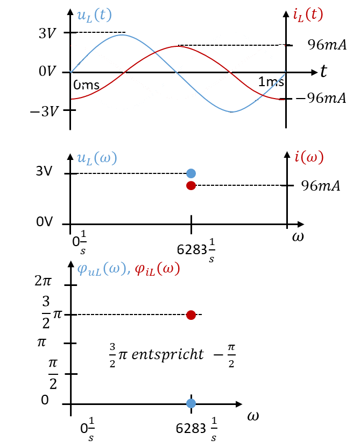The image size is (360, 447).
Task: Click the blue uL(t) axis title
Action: (x=94, y=16)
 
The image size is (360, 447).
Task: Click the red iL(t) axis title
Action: (x=308, y=15)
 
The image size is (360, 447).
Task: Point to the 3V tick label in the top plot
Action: (x=47, y=33)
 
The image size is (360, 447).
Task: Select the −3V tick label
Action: (x=44, y=111)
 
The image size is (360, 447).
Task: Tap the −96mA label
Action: (x=321, y=98)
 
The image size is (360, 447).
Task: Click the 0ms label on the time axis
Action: (x=86, y=85)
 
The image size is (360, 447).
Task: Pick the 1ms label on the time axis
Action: (x=271, y=82)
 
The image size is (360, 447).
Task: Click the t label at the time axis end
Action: (x=323, y=71)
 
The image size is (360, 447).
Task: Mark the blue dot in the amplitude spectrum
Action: (x=191, y=173)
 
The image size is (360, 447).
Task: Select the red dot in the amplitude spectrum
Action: (x=191, y=186)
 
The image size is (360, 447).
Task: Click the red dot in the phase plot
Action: (x=191, y=315)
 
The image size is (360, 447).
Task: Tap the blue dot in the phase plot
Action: (x=191, y=403)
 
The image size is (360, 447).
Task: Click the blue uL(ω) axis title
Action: (x=97, y=158)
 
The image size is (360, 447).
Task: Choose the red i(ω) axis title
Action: (x=309, y=157)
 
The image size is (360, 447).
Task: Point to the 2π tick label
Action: (x=43, y=281)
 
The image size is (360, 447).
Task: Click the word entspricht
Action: (x=168, y=354)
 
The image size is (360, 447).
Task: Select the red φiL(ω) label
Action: (x=158, y=269)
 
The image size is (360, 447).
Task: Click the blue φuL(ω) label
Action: (x=104, y=269)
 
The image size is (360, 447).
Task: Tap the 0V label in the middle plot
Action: (x=45, y=221)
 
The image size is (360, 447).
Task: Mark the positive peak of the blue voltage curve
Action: (x=123, y=35)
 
